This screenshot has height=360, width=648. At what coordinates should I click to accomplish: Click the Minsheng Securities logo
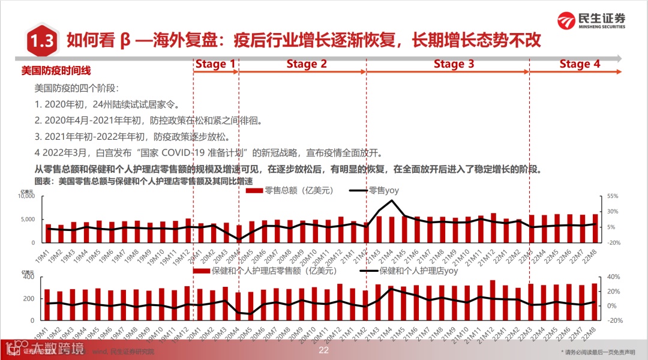pyautogui.click(x=591, y=20)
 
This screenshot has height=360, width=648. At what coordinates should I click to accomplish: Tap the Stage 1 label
pyautogui.click(x=215, y=64)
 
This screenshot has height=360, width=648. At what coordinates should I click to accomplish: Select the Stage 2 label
pyautogui.click(x=307, y=64)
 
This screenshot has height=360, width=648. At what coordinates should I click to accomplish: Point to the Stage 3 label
pyautogui.click(x=454, y=64)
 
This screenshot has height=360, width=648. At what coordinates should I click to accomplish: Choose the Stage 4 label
pyautogui.click(x=579, y=64)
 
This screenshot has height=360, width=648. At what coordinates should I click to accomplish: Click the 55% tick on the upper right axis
pyautogui.click(x=612, y=197)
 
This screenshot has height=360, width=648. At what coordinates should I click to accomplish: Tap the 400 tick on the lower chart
pyautogui.click(x=29, y=277)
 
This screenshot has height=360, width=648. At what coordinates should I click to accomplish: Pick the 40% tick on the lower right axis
pyautogui.click(x=611, y=277)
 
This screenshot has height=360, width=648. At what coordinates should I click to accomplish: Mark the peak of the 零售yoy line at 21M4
pyautogui.click(x=391, y=200)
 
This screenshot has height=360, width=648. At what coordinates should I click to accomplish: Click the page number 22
pyautogui.click(x=324, y=350)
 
